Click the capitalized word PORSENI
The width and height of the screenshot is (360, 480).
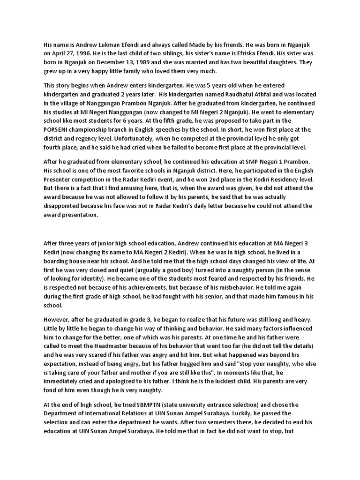[x=58, y=129]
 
